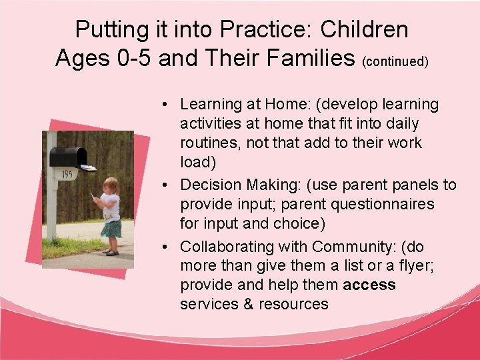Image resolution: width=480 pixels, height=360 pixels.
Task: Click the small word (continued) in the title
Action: (395, 61)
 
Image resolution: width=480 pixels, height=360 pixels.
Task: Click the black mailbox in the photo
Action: (69, 157)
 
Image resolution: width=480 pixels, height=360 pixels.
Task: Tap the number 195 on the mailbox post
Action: (67, 175)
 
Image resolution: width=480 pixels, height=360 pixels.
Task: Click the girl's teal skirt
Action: (111, 228)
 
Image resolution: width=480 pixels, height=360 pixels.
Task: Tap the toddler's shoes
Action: (109, 252)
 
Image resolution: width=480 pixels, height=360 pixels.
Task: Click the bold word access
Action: (369, 285)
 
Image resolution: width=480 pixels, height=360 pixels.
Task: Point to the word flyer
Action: (405, 266)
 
